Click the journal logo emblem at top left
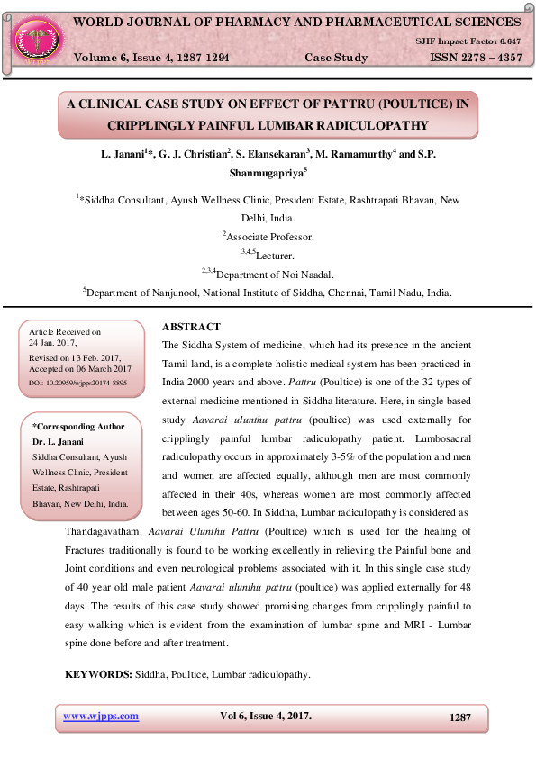click(x=37, y=38)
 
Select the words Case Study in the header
click(x=336, y=58)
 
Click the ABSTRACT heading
click(x=191, y=328)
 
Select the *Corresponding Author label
click(x=78, y=427)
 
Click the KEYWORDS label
click(x=98, y=674)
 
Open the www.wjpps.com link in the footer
click(x=100, y=717)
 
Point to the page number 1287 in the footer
click(x=460, y=717)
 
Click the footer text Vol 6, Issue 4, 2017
click(x=266, y=717)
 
